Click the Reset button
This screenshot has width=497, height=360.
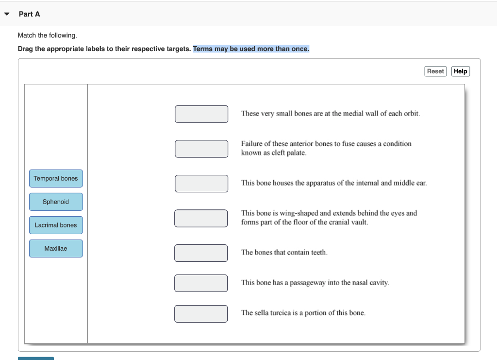tap(435, 71)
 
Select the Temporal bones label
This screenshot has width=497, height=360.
tap(56, 178)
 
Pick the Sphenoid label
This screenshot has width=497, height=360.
tap(56, 202)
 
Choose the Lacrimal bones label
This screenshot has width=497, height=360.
tap(56, 225)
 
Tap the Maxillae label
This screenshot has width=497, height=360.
tap(56, 248)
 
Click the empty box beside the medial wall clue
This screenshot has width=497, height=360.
tap(201, 114)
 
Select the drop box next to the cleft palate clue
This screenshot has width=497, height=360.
tap(201, 149)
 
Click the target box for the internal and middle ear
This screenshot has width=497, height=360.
tap(201, 184)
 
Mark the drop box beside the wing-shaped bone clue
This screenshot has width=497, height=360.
tap(201, 218)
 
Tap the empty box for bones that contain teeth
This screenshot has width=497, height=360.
tap(201, 253)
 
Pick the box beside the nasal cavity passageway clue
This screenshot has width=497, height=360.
tap(201, 283)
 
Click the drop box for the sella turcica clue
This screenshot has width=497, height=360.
tap(201, 313)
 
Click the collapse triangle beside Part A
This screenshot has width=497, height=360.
tap(7, 14)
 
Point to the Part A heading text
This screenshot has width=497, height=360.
tap(29, 14)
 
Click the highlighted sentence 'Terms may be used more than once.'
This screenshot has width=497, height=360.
tap(251, 49)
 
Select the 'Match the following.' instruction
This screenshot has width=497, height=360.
tap(47, 35)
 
